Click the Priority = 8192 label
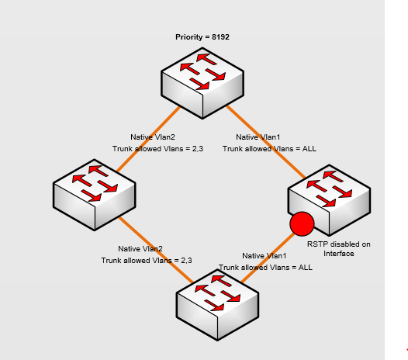(202, 36)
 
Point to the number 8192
(218, 36)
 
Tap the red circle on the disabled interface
(301, 224)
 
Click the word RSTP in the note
(316, 244)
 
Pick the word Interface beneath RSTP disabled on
(338, 253)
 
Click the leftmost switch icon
(94, 192)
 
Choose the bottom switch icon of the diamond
(218, 300)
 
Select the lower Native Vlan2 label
(140, 249)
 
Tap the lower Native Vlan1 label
(265, 255)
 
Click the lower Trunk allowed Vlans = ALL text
(265, 267)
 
